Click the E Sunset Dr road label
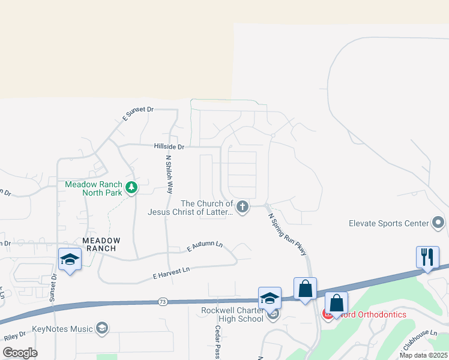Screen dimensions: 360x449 (138, 113)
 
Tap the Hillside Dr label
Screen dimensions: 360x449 (169, 146)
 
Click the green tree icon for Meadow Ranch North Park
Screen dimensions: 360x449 (131, 188)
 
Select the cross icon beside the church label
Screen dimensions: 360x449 (243, 208)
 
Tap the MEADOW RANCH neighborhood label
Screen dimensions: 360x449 (101, 245)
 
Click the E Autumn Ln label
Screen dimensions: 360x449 (205, 246)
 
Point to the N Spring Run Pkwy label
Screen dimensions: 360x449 (288, 235)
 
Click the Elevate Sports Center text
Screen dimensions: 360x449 (389, 223)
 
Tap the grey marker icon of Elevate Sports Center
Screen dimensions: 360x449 (438, 223)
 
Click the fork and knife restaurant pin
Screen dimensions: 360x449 (427, 257)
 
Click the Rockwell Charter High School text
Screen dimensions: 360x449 (232, 314)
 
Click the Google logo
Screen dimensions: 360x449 (19, 353)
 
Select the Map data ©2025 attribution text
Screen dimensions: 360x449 (423, 355)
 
